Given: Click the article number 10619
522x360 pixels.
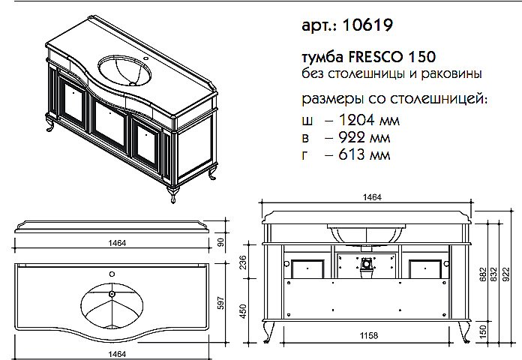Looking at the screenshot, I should click(367, 24).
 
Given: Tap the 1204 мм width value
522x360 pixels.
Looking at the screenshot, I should click(358, 120).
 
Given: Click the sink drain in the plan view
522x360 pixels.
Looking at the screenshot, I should click(112, 295).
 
